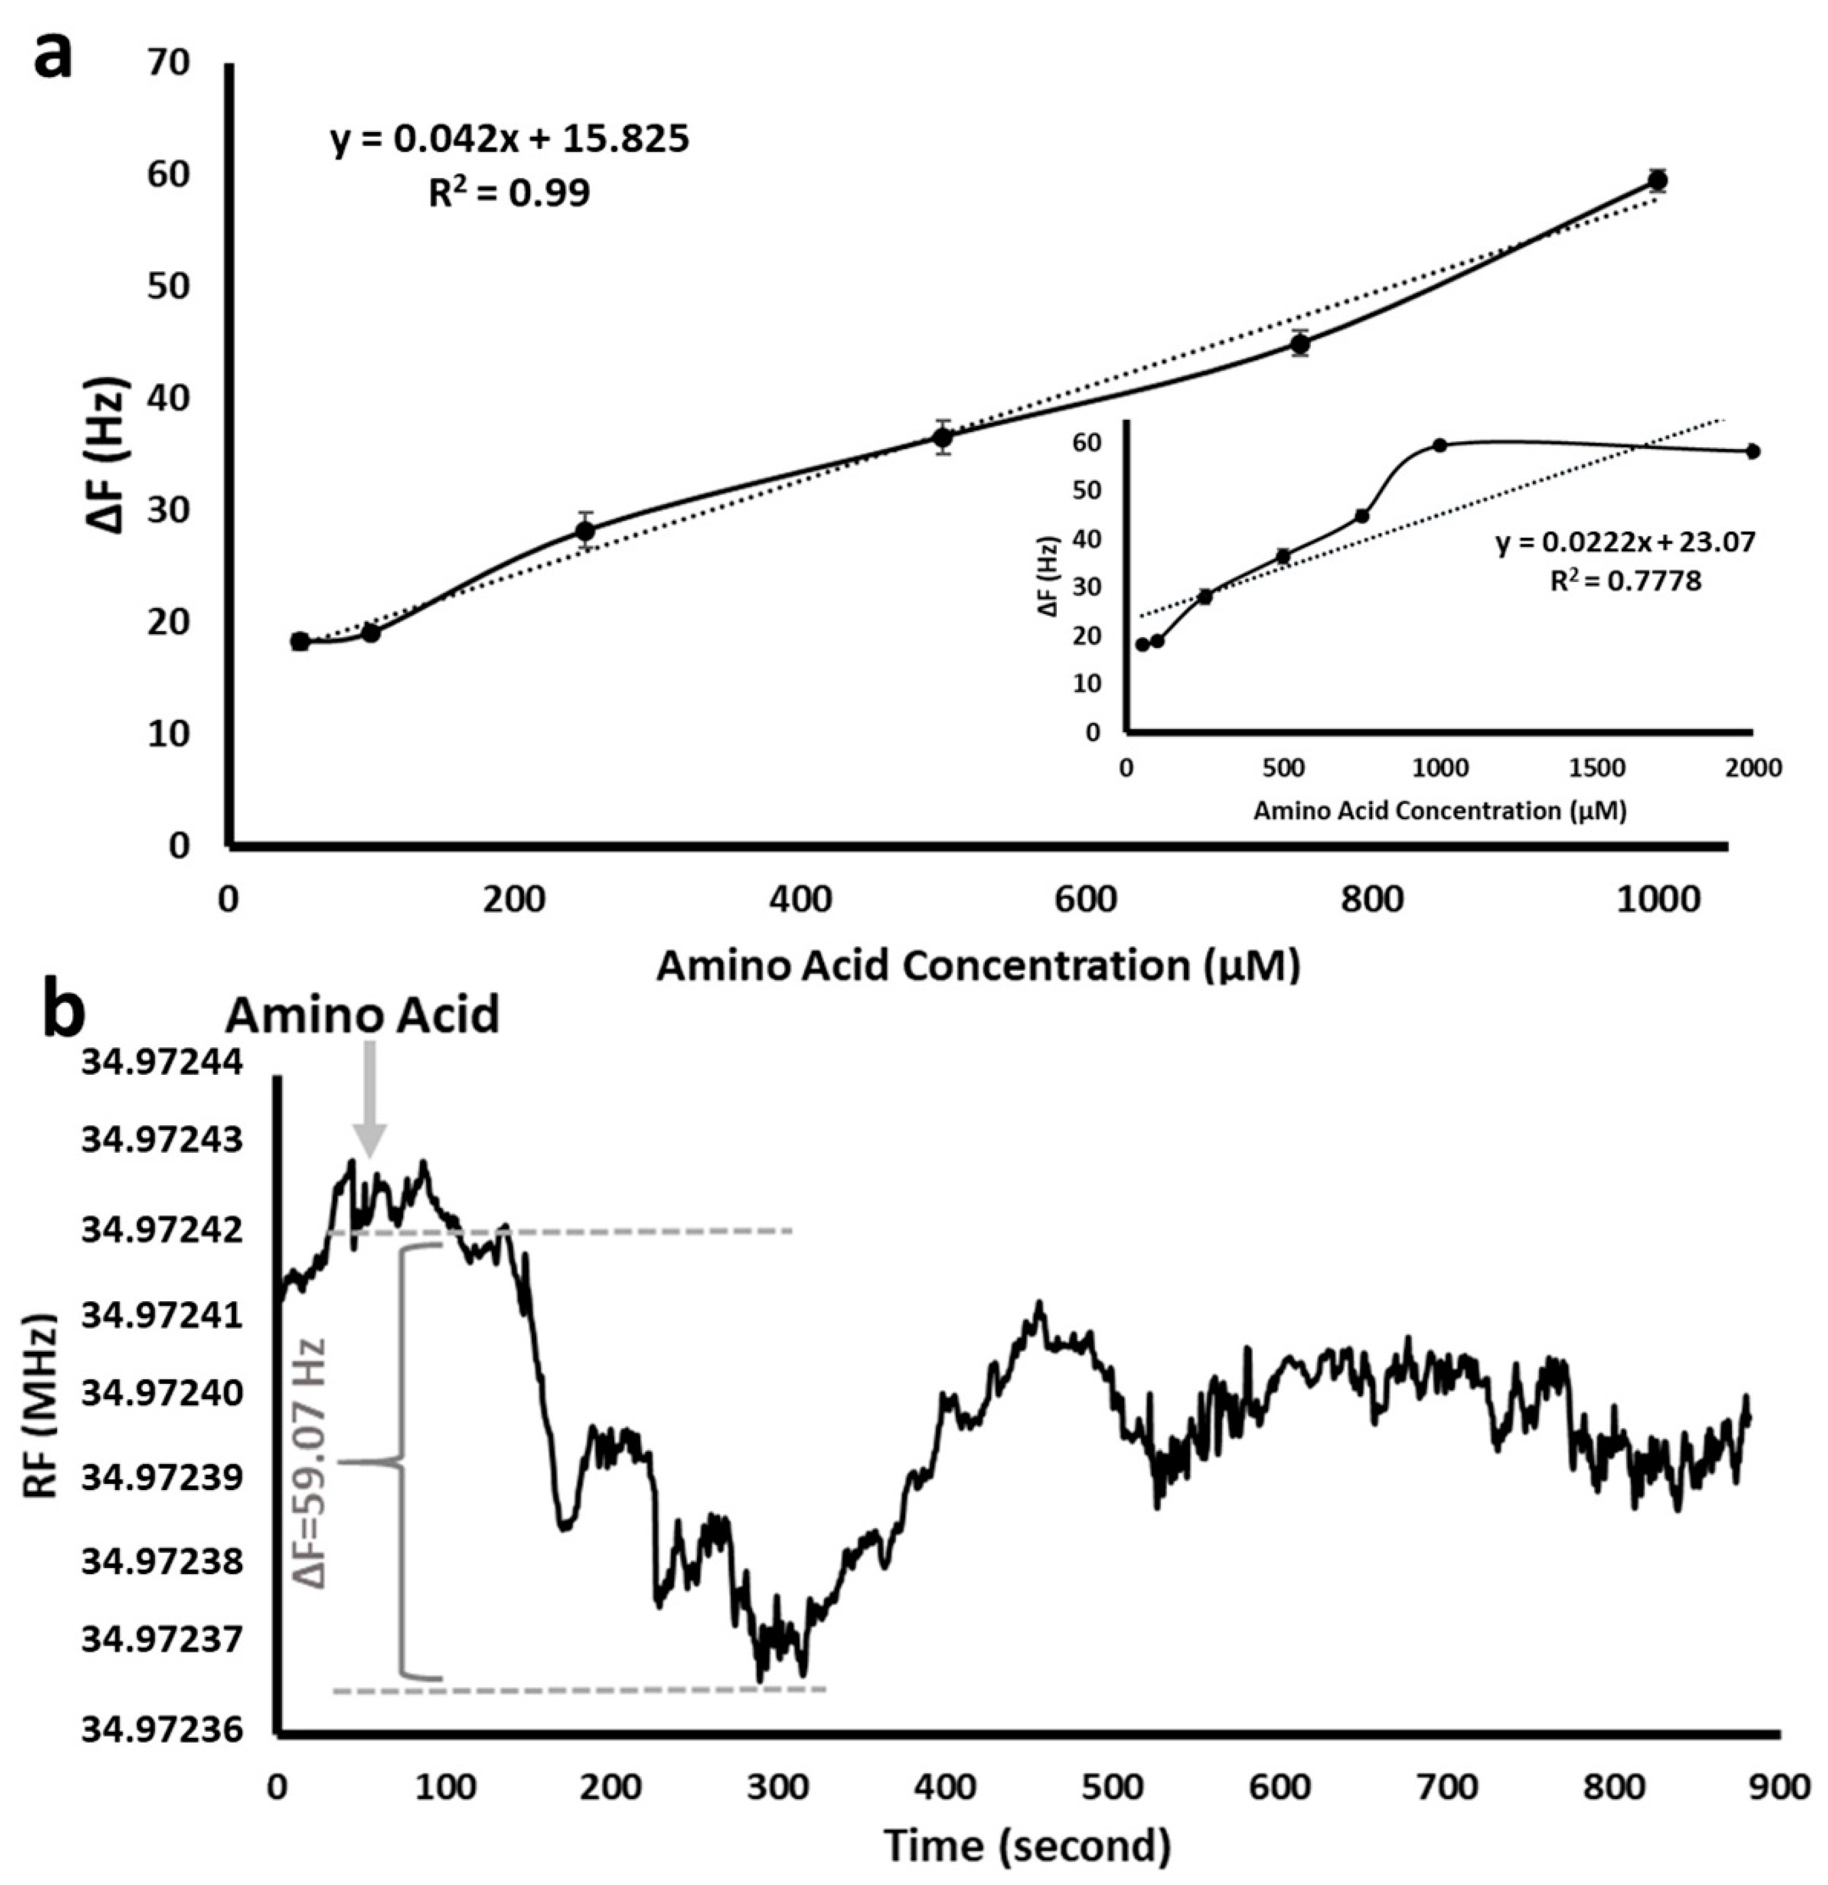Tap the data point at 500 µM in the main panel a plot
[943, 438]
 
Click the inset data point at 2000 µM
[1753, 451]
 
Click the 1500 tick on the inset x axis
[1596, 769]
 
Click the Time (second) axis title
[1026, 1845]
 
